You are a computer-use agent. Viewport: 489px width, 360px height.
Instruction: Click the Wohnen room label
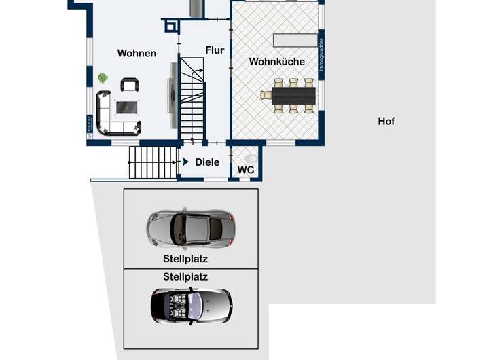(x=137, y=53)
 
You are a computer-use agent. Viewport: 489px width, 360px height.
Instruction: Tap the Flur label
(x=215, y=50)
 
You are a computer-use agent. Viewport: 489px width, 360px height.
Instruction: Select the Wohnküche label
(x=276, y=61)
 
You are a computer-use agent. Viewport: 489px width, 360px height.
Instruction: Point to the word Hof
(x=386, y=122)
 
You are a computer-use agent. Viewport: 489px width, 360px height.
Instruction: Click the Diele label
(x=207, y=162)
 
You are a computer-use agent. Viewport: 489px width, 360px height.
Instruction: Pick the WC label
(x=245, y=170)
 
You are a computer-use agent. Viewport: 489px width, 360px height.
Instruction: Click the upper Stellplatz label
(x=185, y=258)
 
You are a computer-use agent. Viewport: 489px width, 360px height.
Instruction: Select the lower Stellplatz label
(x=185, y=276)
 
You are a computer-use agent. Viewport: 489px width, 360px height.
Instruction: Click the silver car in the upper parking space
(x=191, y=228)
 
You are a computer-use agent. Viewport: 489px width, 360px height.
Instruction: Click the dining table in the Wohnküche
(x=293, y=95)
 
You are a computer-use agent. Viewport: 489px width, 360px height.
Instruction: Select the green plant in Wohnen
(x=103, y=78)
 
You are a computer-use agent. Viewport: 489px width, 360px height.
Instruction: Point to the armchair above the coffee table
(x=129, y=85)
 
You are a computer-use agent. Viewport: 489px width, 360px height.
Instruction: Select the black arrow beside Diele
(x=185, y=162)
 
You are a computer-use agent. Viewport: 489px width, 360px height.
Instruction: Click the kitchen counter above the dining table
(x=295, y=39)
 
